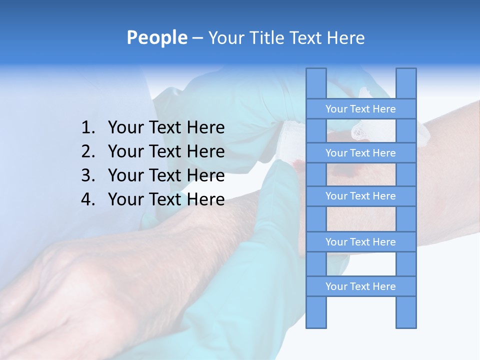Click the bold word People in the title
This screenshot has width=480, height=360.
coord(156,37)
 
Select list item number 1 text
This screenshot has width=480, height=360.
coord(166,128)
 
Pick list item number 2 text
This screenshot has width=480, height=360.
coord(166,151)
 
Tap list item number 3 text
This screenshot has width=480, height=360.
coord(166,175)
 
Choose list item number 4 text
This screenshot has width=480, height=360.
coord(166,199)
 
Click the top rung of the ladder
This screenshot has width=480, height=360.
coord(360,109)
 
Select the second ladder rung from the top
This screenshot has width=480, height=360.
coord(360,153)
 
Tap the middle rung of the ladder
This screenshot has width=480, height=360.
coord(360,196)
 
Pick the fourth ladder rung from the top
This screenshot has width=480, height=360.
coord(360,242)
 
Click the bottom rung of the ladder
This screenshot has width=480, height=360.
coord(360,286)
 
